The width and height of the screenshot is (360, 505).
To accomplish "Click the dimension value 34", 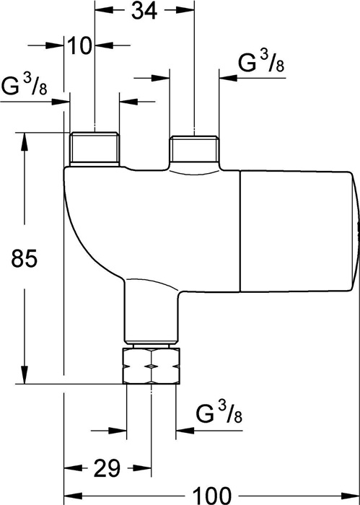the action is coord(145,11).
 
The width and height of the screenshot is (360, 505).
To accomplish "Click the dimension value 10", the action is coord(79,45).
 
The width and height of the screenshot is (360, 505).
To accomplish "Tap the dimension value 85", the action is coord(25,258).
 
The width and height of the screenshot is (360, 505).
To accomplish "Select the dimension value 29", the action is coord(107,468).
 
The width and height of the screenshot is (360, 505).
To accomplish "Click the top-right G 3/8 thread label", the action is coord(261,62).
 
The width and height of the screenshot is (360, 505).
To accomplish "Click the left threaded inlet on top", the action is coord(95,149).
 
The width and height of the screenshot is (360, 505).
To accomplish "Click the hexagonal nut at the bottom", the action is coord(151,366).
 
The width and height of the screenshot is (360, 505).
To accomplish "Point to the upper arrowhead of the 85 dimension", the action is coord(25,141).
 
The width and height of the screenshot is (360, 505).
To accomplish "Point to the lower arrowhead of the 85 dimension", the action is coord(25,375).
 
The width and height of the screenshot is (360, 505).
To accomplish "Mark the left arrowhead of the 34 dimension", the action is coord(104,11).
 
